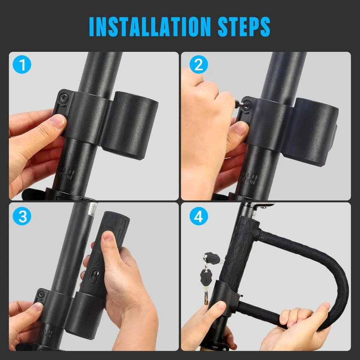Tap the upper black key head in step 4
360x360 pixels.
[210, 258]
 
